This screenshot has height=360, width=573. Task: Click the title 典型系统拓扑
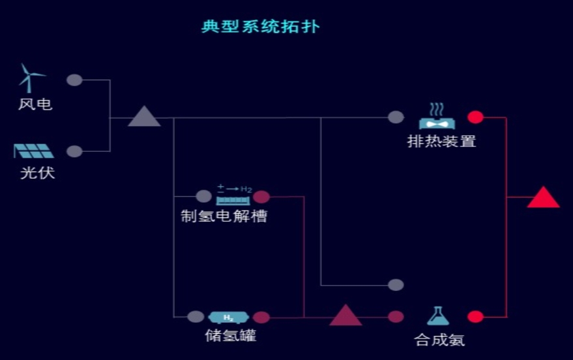click(x=260, y=27)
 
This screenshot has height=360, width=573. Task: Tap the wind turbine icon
click(x=29, y=78)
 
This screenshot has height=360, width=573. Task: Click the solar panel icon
click(x=34, y=151)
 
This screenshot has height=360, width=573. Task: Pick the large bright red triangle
click(x=543, y=198)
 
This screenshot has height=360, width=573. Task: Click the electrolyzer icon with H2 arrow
click(x=233, y=195)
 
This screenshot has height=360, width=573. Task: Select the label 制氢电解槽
click(x=224, y=216)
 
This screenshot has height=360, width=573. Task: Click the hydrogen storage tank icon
click(x=229, y=318)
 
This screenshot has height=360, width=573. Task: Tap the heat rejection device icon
click(x=437, y=117)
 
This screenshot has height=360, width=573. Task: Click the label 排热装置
click(x=441, y=141)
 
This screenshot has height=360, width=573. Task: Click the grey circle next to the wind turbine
click(x=75, y=80)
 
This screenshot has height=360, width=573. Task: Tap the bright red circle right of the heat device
click(x=476, y=117)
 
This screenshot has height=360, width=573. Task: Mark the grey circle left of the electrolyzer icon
click(x=204, y=196)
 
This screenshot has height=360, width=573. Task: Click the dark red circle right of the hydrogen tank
click(x=261, y=318)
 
